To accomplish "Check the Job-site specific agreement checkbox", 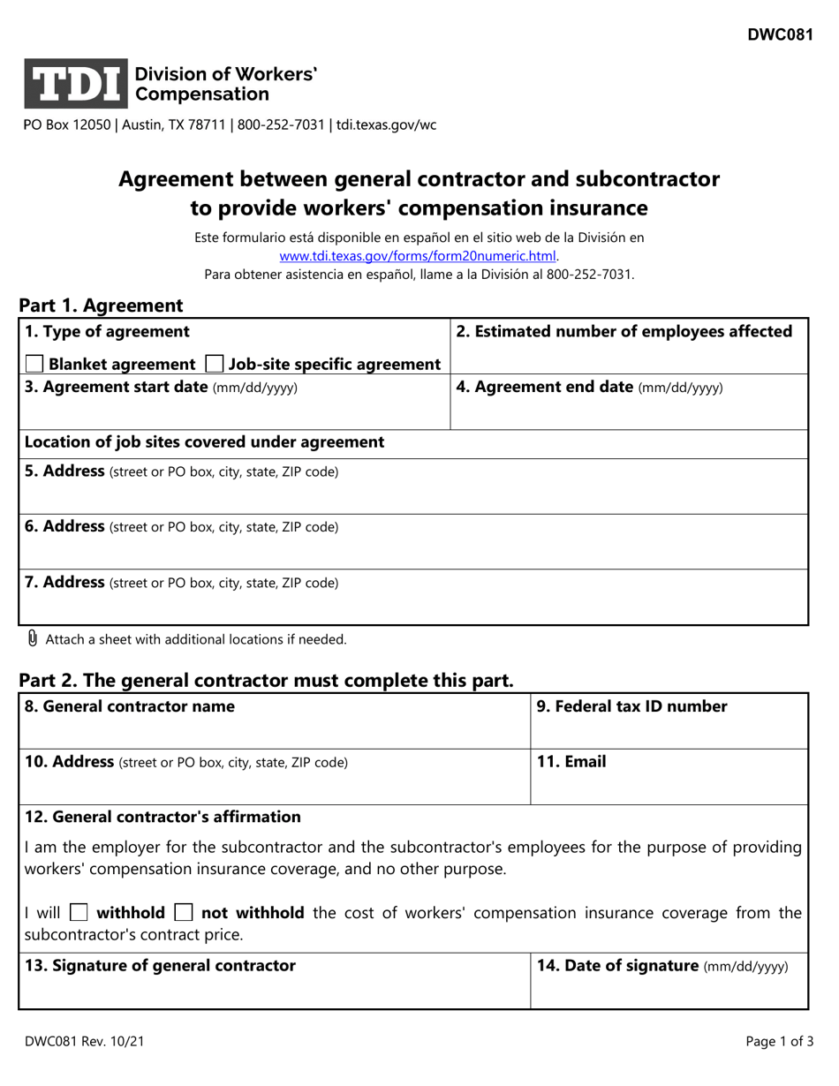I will [214, 364].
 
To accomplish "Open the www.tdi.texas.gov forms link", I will [418, 256].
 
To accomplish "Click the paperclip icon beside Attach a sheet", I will [33, 638].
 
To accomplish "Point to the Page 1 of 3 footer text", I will [779, 1042].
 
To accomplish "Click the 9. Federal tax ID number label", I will [632, 706].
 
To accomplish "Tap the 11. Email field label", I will [571, 762].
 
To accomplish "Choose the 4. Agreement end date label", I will [589, 387].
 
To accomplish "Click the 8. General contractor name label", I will [130, 706].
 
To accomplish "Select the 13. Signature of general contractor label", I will [161, 966].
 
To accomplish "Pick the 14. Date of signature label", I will [662, 966].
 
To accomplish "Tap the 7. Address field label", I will [181, 583].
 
